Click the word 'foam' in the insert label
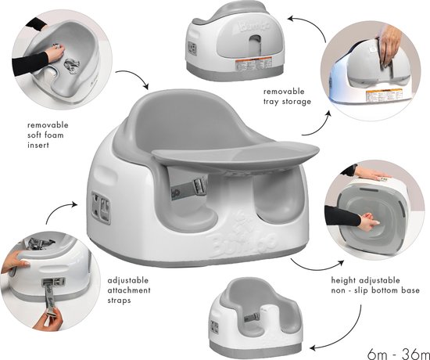tap(55, 135)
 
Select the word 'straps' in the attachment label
tap(119, 301)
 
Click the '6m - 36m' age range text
tap(398, 354)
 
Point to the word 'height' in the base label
tap(342, 281)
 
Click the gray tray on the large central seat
tap(235, 155)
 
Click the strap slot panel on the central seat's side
tap(101, 207)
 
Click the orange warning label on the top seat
tap(253, 64)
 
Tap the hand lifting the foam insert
tap(56, 52)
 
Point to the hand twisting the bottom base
tap(368, 222)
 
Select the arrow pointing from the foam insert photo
tap(134, 77)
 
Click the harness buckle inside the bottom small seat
tap(253, 317)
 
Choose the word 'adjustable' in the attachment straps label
tap(128, 281)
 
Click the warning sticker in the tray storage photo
tap(384, 95)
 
